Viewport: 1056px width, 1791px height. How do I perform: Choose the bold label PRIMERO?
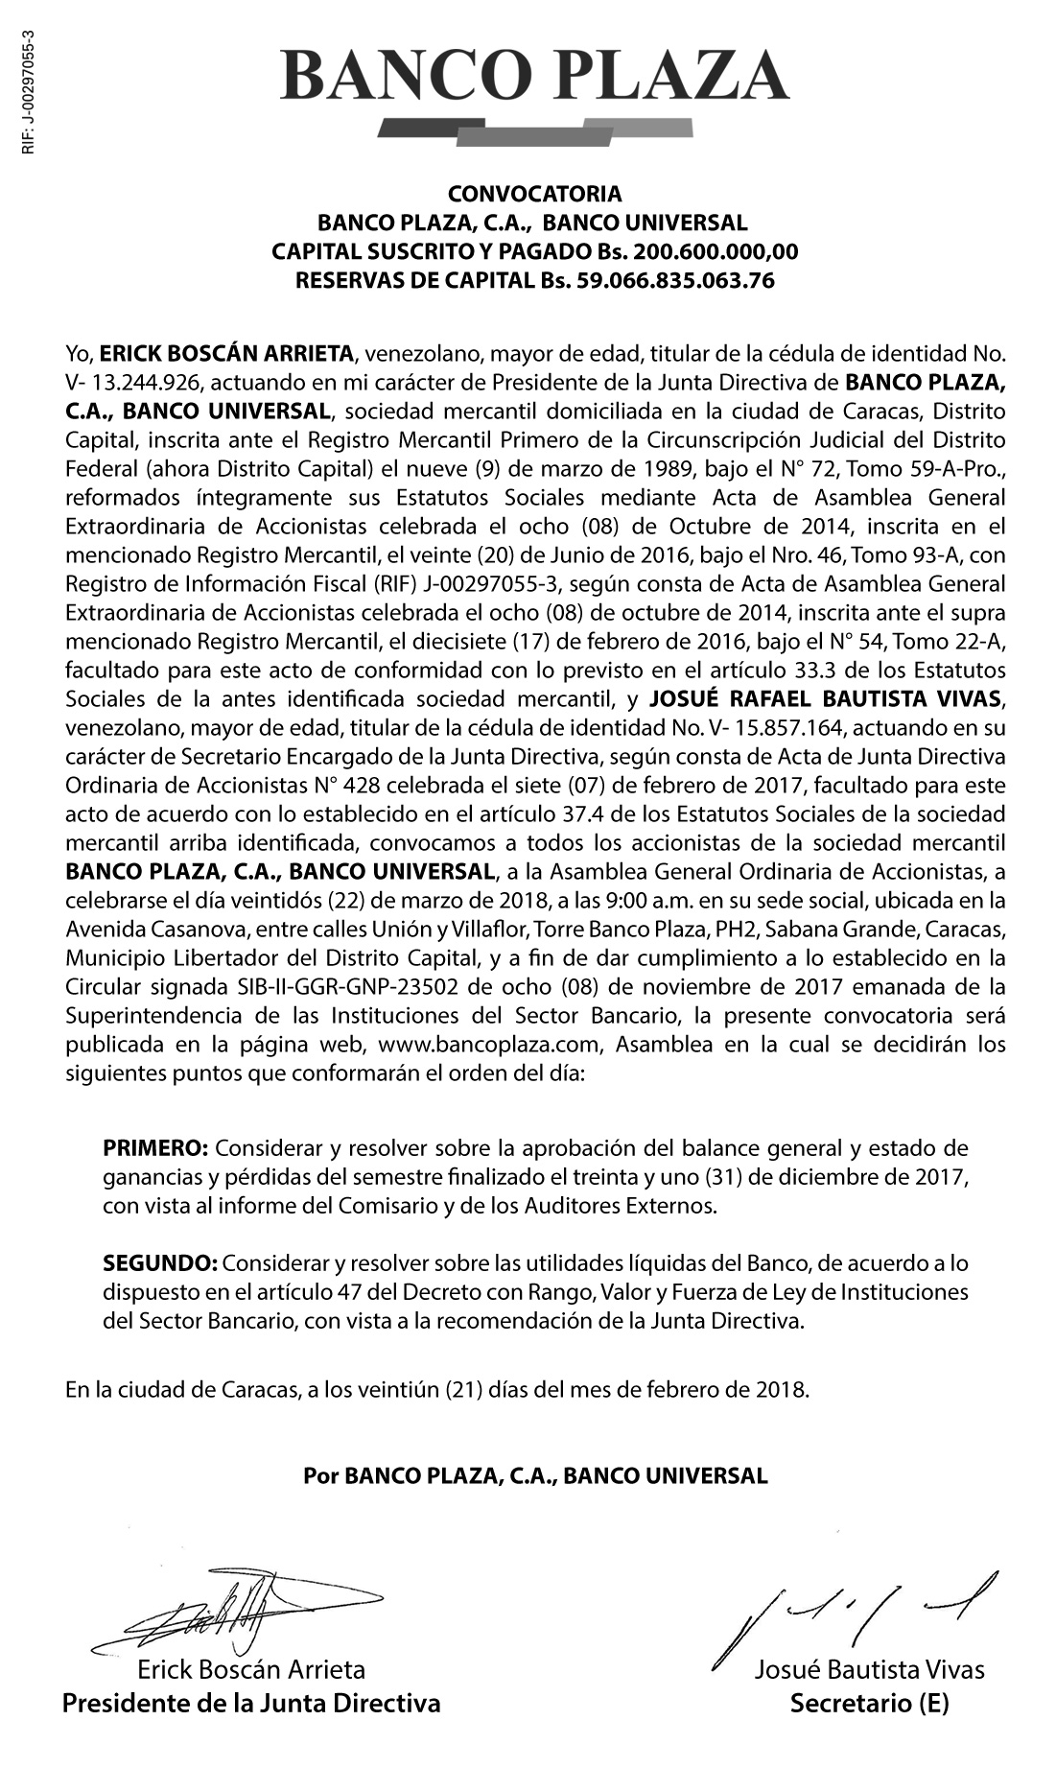click(x=154, y=1148)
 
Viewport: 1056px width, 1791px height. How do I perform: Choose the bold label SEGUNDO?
click(x=160, y=1263)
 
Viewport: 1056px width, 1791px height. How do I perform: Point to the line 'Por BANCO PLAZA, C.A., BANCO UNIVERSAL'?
click(x=535, y=1475)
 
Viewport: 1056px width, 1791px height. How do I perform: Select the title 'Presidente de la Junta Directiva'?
click(x=251, y=1704)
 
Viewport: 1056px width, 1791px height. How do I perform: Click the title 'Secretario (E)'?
click(x=869, y=1704)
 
